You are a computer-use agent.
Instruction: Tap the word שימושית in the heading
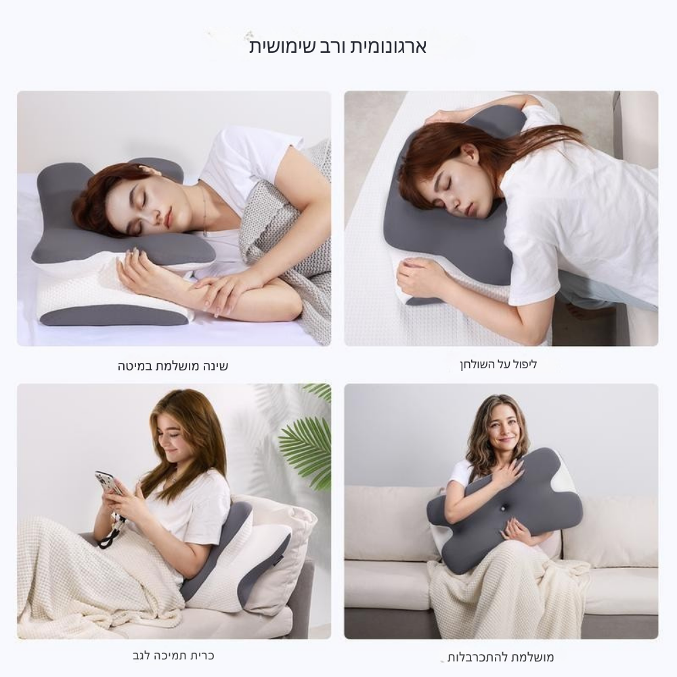tap(277, 46)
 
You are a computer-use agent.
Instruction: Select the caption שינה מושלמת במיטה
tap(173, 366)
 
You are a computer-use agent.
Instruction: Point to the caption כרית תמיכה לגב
tap(173, 655)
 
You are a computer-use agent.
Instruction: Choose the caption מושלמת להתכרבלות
tap(500, 657)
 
